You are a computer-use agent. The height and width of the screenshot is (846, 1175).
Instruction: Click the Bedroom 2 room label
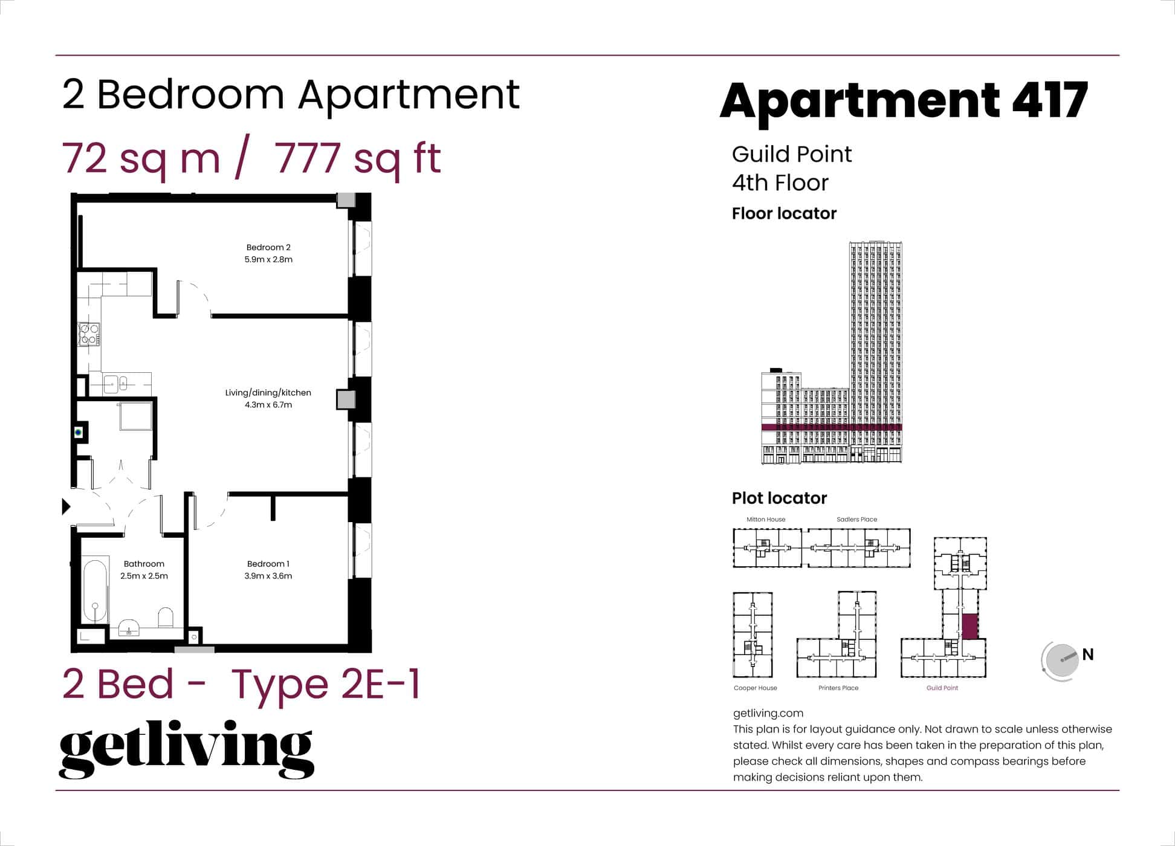(x=268, y=247)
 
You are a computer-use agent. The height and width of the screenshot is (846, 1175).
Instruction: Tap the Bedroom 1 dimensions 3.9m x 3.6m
(x=268, y=576)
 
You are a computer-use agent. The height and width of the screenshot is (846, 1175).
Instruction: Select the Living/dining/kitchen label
(x=268, y=393)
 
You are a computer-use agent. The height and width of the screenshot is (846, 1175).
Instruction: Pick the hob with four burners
(x=89, y=334)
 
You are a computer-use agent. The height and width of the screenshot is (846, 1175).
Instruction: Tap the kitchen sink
(x=111, y=384)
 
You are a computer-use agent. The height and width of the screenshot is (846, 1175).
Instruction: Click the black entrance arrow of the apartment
(x=66, y=506)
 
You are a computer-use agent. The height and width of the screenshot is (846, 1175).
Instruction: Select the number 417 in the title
(x=1050, y=100)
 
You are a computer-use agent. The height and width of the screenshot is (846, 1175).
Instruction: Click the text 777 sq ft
(x=357, y=158)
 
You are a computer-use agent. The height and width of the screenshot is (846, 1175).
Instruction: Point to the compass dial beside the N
(x=1061, y=660)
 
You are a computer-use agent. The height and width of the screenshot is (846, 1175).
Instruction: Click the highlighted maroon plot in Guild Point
(x=969, y=626)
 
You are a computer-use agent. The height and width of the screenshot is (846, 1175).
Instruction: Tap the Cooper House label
(x=755, y=688)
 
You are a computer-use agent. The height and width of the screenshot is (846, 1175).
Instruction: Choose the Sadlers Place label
(x=856, y=519)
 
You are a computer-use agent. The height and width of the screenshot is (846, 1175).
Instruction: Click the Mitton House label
(x=766, y=519)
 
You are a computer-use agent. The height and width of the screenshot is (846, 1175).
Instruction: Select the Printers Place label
(x=838, y=688)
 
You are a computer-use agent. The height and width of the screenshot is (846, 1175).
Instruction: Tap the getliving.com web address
(x=768, y=713)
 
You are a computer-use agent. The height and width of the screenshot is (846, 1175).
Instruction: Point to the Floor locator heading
(x=784, y=213)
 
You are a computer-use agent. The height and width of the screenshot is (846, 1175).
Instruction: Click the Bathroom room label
(x=144, y=564)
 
